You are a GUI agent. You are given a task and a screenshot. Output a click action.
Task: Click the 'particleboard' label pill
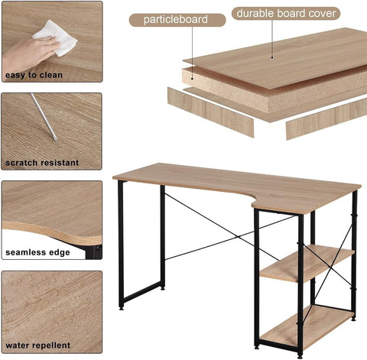(x=177, y=20)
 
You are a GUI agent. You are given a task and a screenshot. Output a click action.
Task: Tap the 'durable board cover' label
(x=286, y=14)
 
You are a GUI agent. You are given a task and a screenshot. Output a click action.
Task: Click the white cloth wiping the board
(x=57, y=37)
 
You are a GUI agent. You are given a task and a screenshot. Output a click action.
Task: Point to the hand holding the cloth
(x=28, y=56)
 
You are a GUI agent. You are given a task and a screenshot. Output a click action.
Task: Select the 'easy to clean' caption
(x=34, y=75)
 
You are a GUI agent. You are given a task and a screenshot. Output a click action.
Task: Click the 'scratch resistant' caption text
(x=42, y=163)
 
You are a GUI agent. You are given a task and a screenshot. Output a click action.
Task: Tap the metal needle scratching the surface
(x=44, y=117)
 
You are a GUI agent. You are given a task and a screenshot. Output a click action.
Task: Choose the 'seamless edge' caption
(x=37, y=252)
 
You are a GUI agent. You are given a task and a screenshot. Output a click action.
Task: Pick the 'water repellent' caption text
(x=37, y=345)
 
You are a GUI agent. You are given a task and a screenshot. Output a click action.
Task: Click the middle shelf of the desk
(x=307, y=264)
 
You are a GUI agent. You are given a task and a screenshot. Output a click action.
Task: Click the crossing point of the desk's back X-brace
(x=238, y=237)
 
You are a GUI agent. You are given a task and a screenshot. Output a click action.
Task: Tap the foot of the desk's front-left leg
(x=122, y=309)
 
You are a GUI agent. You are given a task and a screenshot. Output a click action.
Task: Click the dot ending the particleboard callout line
(x=193, y=79)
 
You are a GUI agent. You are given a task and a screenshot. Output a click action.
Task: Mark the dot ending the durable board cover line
(x=272, y=57)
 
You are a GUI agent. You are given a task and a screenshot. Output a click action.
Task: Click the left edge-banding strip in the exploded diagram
(x=210, y=112)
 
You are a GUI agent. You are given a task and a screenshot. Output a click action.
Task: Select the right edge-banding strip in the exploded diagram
(x=326, y=119)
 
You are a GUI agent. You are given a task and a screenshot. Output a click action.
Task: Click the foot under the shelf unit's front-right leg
(x=300, y=356)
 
